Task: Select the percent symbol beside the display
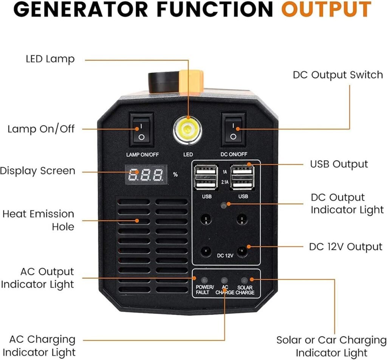click(175, 175)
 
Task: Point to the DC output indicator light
click(224, 205)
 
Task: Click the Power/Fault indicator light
click(204, 280)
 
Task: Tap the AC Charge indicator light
click(224, 280)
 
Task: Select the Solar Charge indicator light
click(245, 280)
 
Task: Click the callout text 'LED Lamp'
click(50, 59)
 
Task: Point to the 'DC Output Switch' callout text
click(338, 74)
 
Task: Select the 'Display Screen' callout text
click(38, 171)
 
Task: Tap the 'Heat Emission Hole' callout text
click(39, 220)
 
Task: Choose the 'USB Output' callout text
click(339, 164)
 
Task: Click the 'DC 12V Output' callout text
click(346, 247)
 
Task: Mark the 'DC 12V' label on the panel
click(225, 255)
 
